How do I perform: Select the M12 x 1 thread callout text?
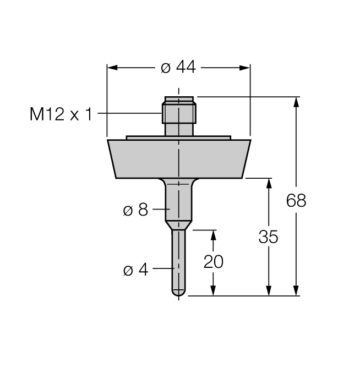pyautogui.click(x=61, y=114)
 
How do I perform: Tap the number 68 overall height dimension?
pyautogui.click(x=296, y=200)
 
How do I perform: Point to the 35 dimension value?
pyautogui.click(x=269, y=237)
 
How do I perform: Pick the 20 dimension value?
pyautogui.click(x=214, y=262)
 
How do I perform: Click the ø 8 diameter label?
pyautogui.click(x=135, y=210)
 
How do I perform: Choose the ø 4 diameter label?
pyautogui.click(x=135, y=270)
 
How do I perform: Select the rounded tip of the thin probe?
pyautogui.click(x=178, y=293)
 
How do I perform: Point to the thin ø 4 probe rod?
pyautogui.click(x=178, y=258)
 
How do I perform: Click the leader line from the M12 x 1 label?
pyautogui.click(x=129, y=114)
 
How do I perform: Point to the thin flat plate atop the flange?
pyautogui.click(x=178, y=137)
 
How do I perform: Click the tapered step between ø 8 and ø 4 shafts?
pyautogui.click(x=178, y=225)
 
